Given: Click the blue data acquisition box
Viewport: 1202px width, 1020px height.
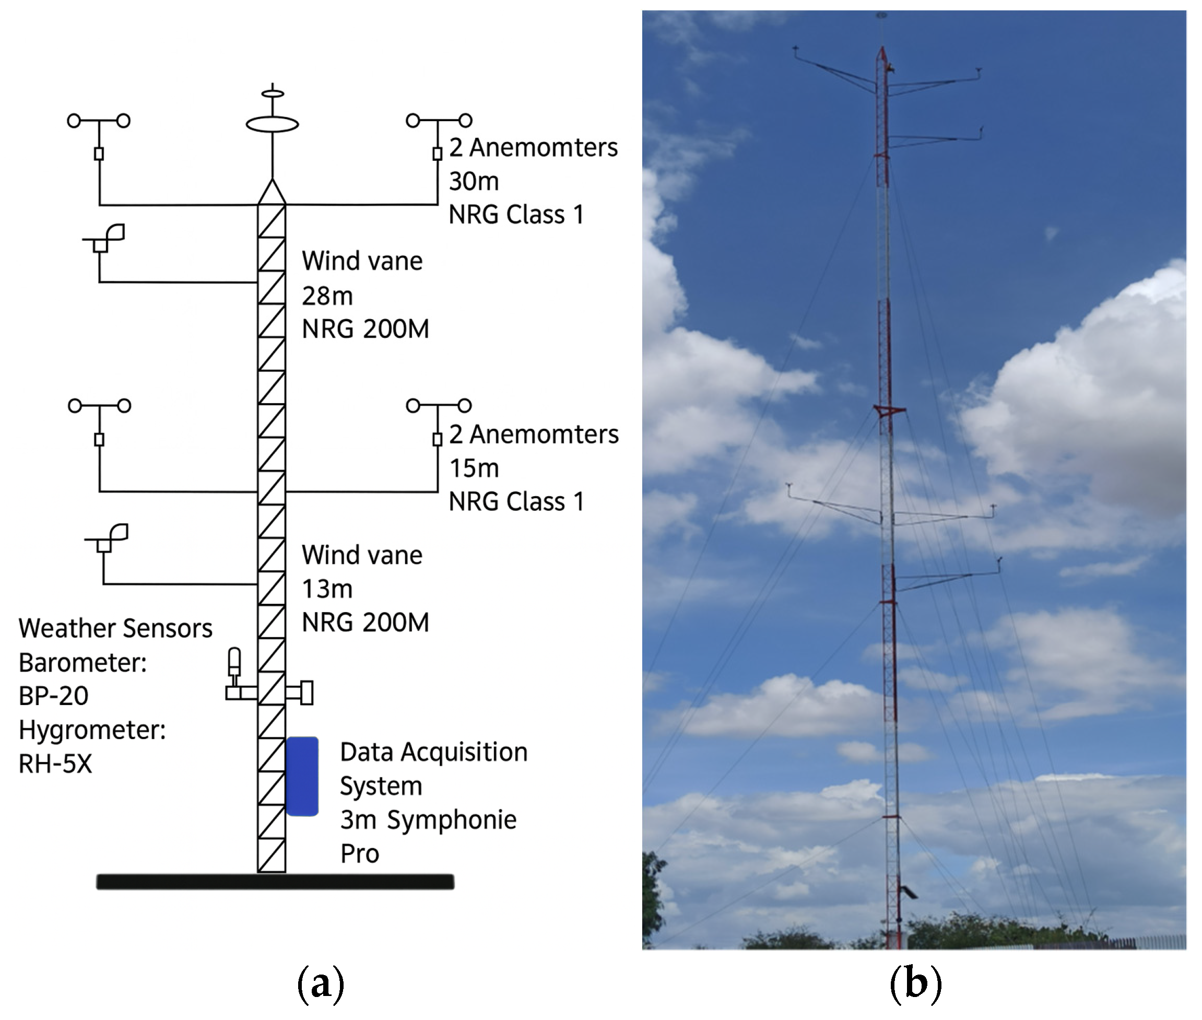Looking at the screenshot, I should pyautogui.click(x=302, y=776).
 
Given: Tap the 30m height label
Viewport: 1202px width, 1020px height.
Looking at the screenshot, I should pyautogui.click(x=474, y=181).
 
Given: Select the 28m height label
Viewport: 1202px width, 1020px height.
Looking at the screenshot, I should pyautogui.click(x=327, y=296).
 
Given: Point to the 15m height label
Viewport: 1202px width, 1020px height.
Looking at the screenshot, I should pyautogui.click(x=474, y=468).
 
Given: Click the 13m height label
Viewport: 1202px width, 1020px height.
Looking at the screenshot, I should pyautogui.click(x=327, y=589).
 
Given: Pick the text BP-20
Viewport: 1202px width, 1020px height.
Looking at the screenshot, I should pyautogui.click(x=53, y=696).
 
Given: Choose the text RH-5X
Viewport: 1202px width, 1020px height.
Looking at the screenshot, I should pyautogui.click(x=55, y=764).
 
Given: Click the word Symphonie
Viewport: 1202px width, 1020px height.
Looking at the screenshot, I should pyautogui.click(x=452, y=820).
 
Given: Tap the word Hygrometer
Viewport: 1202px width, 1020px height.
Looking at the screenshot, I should pyautogui.click(x=91, y=730).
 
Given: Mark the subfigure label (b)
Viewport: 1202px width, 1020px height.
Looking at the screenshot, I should pyautogui.click(x=915, y=982).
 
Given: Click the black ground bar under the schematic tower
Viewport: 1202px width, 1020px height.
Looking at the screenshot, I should pyautogui.click(x=275, y=881).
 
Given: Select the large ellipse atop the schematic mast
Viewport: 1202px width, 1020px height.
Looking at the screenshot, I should pyautogui.click(x=273, y=124).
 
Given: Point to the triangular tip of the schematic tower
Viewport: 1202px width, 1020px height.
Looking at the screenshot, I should pyautogui.click(x=272, y=192).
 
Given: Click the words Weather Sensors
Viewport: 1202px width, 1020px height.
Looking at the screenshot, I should pyautogui.click(x=115, y=628).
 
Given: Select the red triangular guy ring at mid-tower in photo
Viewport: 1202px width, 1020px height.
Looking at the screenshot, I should pyautogui.click(x=888, y=411).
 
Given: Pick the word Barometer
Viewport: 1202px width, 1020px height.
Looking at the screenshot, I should pyautogui.click(x=82, y=662).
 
